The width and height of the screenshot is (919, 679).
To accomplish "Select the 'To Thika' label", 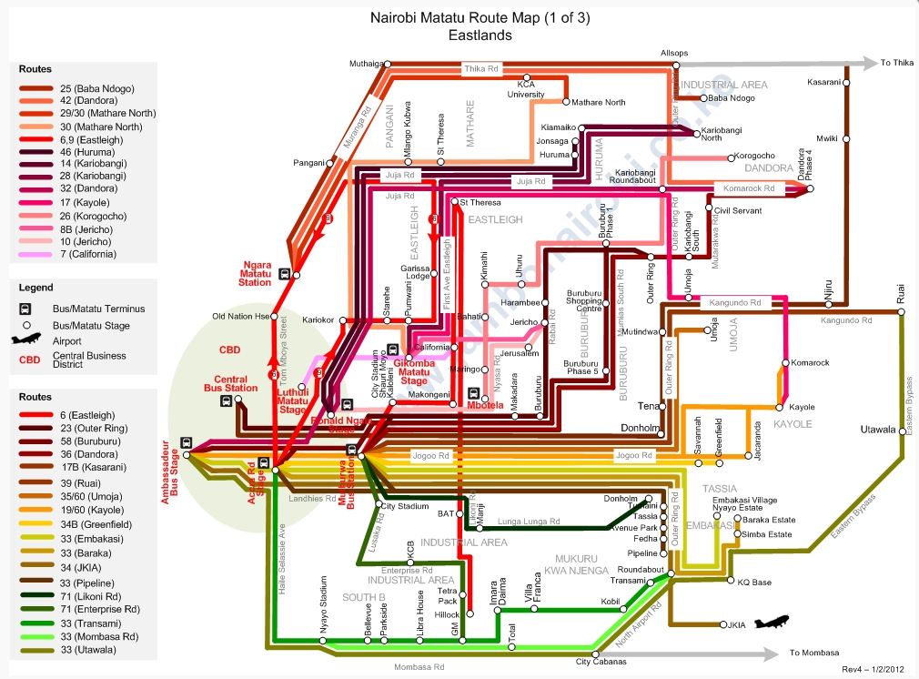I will pyautogui.click(x=896, y=63).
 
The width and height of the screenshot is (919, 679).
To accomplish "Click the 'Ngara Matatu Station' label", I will pyautogui.click(x=256, y=273).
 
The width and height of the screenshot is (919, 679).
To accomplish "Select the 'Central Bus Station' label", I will pyautogui.click(x=236, y=383).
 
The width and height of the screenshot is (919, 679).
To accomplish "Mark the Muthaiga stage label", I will pyautogui.click(x=367, y=64).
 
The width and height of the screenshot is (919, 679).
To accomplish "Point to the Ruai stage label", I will pyautogui.click(x=901, y=298).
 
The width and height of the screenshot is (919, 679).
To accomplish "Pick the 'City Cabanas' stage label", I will pyautogui.click(x=601, y=662).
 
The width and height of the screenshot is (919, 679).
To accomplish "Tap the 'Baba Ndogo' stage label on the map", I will pyautogui.click(x=732, y=97).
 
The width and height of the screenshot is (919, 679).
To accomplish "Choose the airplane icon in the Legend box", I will pyautogui.click(x=27, y=341).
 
